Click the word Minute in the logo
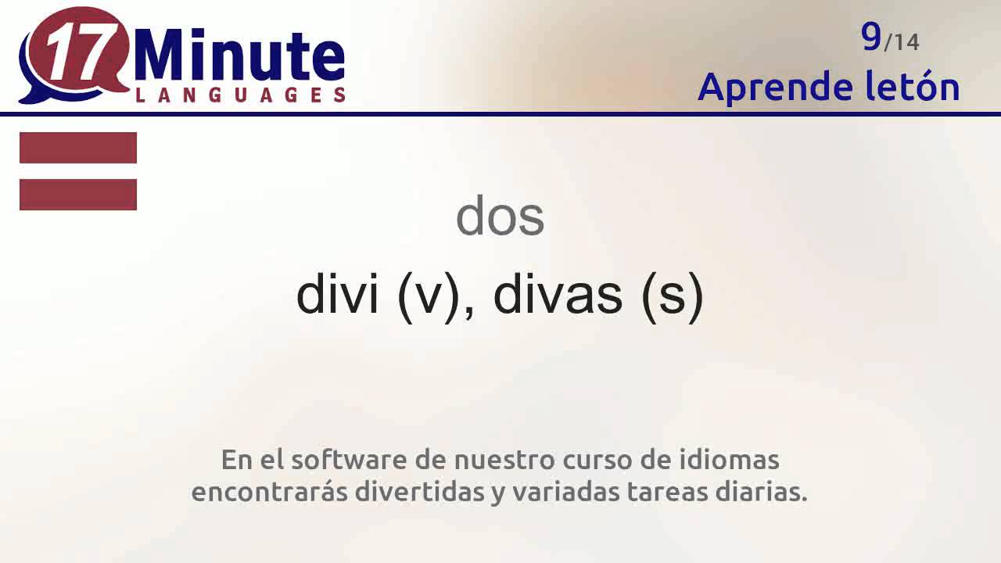239,57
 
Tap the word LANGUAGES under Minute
241,95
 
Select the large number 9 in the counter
871,36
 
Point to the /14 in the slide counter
902,41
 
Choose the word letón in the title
913,87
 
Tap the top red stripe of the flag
78,148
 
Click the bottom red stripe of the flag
78,195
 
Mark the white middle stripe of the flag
78,171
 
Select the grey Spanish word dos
500,217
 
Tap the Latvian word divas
558,295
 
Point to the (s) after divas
672,296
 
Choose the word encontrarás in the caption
269,493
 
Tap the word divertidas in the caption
419,493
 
